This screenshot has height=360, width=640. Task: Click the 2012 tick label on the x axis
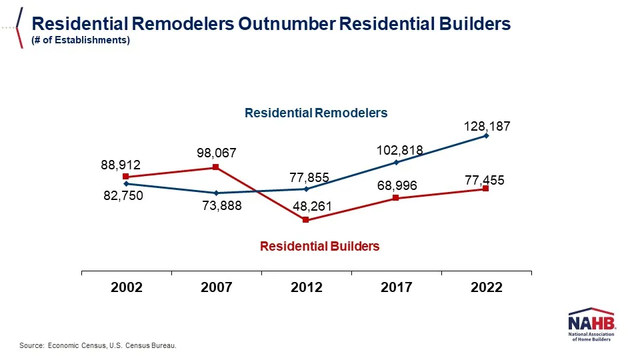pos(307,287)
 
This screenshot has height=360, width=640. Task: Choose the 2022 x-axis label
pos(486,287)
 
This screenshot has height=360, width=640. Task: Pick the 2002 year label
pos(127,287)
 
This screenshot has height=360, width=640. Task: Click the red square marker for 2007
pos(216,167)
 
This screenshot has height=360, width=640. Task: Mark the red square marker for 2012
pos(306,220)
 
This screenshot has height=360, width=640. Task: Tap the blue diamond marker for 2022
pos(486,136)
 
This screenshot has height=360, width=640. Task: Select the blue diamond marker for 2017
pos(396,162)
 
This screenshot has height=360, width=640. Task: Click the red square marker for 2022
pos(485,189)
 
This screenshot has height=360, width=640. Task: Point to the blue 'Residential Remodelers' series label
pos(316,113)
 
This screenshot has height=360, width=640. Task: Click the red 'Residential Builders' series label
pos(319,246)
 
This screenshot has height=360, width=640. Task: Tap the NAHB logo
pos(593,326)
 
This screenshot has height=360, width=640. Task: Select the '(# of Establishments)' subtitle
pos(81,40)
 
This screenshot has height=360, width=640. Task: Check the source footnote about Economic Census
pos(98,345)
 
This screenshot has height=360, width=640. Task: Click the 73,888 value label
pos(222,206)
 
